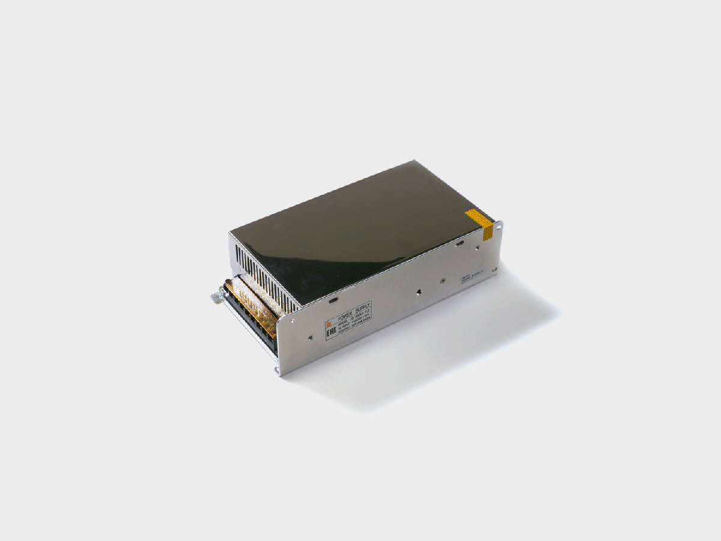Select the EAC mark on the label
click(331, 331)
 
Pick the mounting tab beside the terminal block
click(216, 296)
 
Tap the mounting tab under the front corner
click(277, 369)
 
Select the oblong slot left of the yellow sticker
click(459, 243)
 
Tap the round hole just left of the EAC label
click(310, 337)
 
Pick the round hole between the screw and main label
click(417, 293)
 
